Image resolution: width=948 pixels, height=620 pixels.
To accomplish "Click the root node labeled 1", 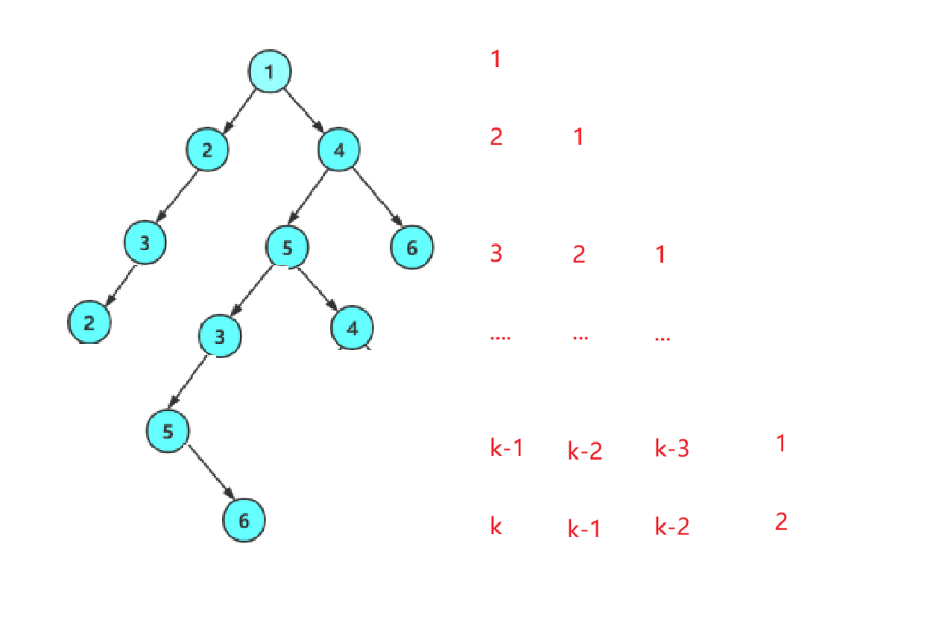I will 269,72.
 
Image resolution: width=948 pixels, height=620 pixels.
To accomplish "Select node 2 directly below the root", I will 207,149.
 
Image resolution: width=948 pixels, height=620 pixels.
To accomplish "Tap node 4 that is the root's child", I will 339,151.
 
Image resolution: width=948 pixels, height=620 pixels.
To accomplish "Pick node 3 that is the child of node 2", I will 145,242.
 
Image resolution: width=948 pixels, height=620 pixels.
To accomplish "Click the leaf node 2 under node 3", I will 89,322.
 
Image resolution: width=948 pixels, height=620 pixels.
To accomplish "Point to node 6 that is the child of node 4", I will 411,247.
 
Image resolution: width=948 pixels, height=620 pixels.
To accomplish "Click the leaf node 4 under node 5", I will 353,328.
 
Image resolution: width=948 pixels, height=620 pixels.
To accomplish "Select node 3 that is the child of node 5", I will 220,336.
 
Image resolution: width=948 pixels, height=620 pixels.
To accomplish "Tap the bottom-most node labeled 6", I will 244,520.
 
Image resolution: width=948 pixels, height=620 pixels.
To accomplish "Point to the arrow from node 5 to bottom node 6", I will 211,474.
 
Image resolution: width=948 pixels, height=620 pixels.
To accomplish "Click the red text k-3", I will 671,448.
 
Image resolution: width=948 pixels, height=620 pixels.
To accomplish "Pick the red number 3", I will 496,254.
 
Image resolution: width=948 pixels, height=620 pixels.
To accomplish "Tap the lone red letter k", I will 496,526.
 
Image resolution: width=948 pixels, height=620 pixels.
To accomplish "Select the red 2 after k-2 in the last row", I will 781,522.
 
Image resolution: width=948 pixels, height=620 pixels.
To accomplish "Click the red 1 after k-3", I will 781,444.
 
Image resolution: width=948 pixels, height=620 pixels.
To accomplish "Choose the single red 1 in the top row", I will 496,59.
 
